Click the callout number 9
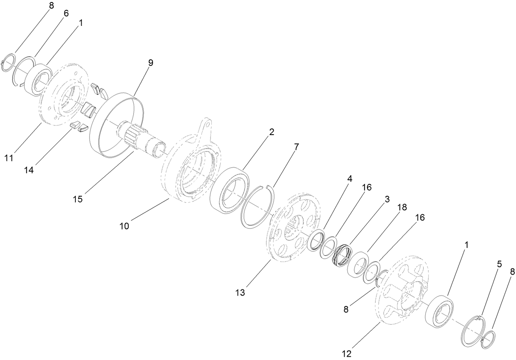[x=151, y=63]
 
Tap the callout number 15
[x=78, y=199]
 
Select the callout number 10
[x=124, y=226]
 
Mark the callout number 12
[x=347, y=353]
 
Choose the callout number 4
[x=349, y=179]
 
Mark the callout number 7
[x=296, y=146]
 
